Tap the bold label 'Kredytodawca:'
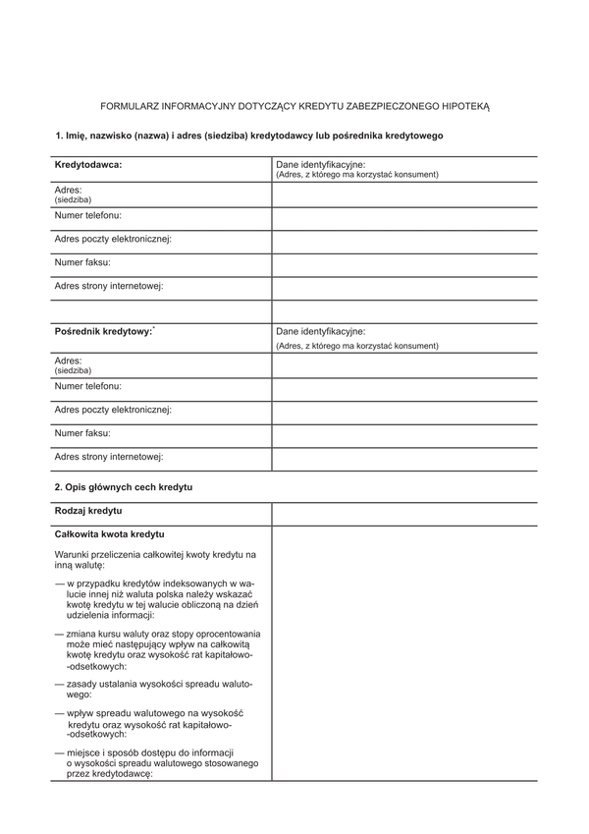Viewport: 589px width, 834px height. point(88,165)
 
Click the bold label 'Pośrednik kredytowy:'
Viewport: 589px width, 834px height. point(103,333)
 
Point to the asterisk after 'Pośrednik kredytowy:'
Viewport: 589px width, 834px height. point(155,329)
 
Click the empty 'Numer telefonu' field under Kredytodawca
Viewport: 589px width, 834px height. point(403,218)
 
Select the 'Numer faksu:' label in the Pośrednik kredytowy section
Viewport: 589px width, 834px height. point(82,433)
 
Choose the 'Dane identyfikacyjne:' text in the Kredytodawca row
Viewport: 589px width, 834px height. point(321,164)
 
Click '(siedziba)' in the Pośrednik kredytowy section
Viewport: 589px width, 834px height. point(73,371)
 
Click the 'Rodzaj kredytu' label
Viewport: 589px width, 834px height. point(88,512)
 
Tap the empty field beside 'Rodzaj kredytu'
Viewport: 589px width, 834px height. point(403,513)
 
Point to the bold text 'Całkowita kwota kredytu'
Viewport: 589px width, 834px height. point(109,534)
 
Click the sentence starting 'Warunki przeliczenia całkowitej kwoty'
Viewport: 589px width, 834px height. point(155,560)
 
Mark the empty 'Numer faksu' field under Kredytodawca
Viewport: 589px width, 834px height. point(403,265)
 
